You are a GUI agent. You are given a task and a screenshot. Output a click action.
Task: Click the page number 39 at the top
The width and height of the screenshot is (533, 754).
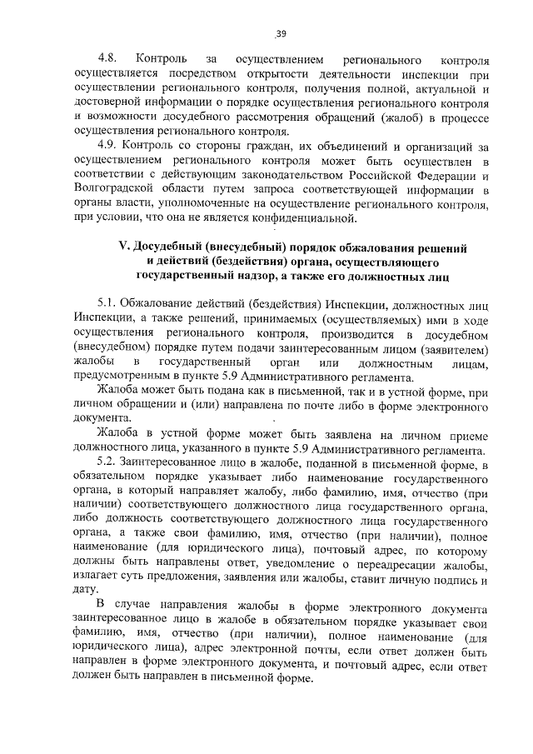point(281,33)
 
